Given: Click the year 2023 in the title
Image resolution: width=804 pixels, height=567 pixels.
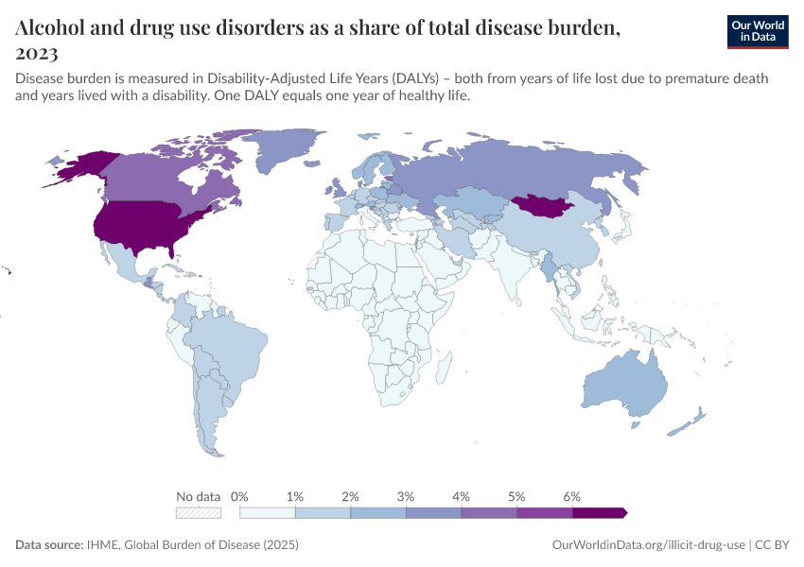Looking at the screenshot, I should pyautogui.click(x=37, y=54).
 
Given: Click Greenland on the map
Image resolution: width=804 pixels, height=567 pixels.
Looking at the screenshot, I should pyautogui.click(x=293, y=151).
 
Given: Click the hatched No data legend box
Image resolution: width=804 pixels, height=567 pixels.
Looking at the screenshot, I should pyautogui.click(x=199, y=513).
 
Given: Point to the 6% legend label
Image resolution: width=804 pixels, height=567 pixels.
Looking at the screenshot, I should pyautogui.click(x=571, y=496).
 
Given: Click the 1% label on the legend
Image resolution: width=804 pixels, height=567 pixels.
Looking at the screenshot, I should pyautogui.click(x=295, y=496).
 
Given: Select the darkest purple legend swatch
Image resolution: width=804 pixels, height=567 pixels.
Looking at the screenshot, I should pyautogui.click(x=599, y=513).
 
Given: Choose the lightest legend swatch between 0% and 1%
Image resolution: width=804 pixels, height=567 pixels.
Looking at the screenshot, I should pyautogui.click(x=268, y=513).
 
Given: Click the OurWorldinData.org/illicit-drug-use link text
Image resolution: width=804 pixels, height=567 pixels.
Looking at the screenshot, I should pyautogui.click(x=648, y=545).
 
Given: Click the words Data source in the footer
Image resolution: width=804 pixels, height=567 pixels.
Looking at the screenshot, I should pyautogui.click(x=48, y=545).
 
